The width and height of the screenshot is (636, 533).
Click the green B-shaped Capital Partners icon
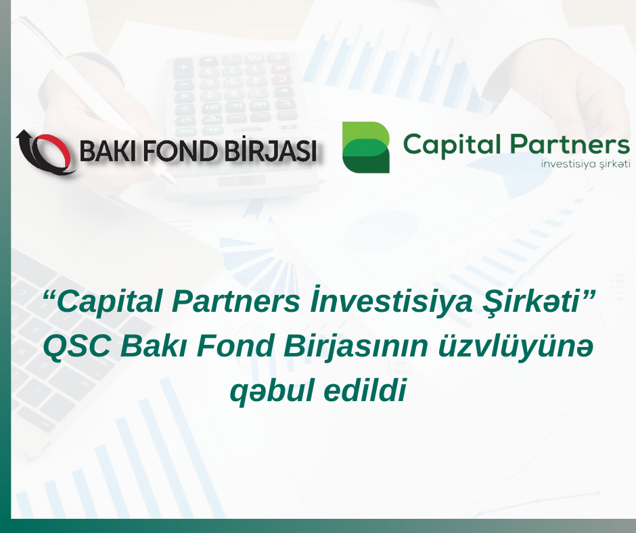366,147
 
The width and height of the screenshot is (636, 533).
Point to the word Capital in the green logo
452,144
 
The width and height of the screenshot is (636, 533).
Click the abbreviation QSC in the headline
76,346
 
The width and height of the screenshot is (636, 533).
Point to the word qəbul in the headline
272,392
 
